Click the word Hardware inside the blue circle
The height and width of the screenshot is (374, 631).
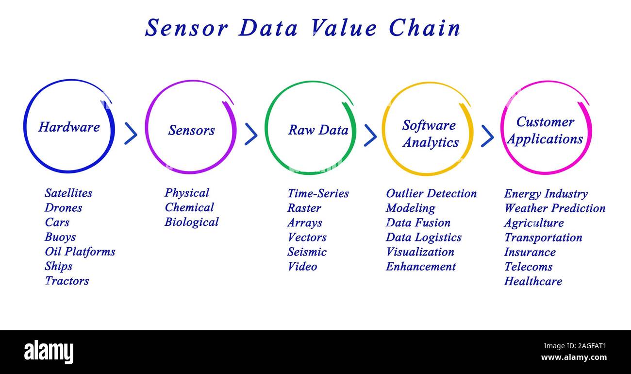tap(69, 127)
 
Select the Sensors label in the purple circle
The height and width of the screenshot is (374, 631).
tap(191, 130)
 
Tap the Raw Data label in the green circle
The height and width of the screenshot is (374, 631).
tap(318, 130)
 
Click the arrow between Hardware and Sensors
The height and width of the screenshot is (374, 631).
tap(130, 134)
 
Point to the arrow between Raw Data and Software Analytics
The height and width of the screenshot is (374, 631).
tap(370, 135)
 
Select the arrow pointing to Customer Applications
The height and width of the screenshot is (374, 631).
tap(487, 136)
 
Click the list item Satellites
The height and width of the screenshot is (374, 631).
tap(68, 193)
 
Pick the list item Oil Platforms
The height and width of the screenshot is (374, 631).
tap(80, 252)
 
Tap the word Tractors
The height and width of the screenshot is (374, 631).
tap(67, 281)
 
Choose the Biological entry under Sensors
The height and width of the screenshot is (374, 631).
tap(191, 222)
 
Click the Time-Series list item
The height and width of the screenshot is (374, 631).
tap(318, 193)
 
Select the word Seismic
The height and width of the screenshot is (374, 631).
tap(307, 252)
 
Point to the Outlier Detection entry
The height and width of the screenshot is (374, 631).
tap(431, 193)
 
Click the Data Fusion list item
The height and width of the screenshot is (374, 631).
tap(418, 223)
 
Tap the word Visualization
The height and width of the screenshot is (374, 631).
tap(420, 252)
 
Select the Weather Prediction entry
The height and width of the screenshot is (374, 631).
tap(554, 208)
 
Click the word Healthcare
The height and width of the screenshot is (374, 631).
tap(533, 281)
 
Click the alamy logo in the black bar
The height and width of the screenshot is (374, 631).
tap(49, 352)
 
